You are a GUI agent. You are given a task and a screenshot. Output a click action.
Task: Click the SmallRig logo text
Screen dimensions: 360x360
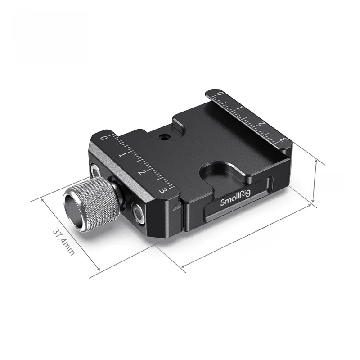pyautogui.click(x=235, y=198)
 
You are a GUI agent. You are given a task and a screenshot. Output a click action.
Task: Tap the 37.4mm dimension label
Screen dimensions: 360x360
pyautogui.click(x=63, y=241)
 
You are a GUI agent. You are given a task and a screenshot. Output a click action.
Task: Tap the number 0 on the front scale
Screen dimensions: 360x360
pyautogui.click(x=104, y=138)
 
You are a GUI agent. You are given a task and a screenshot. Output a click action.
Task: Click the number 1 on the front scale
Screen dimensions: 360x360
pyautogui.click(x=121, y=155)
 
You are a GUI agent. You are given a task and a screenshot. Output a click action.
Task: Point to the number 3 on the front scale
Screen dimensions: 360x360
pyautogui.click(x=163, y=190)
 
